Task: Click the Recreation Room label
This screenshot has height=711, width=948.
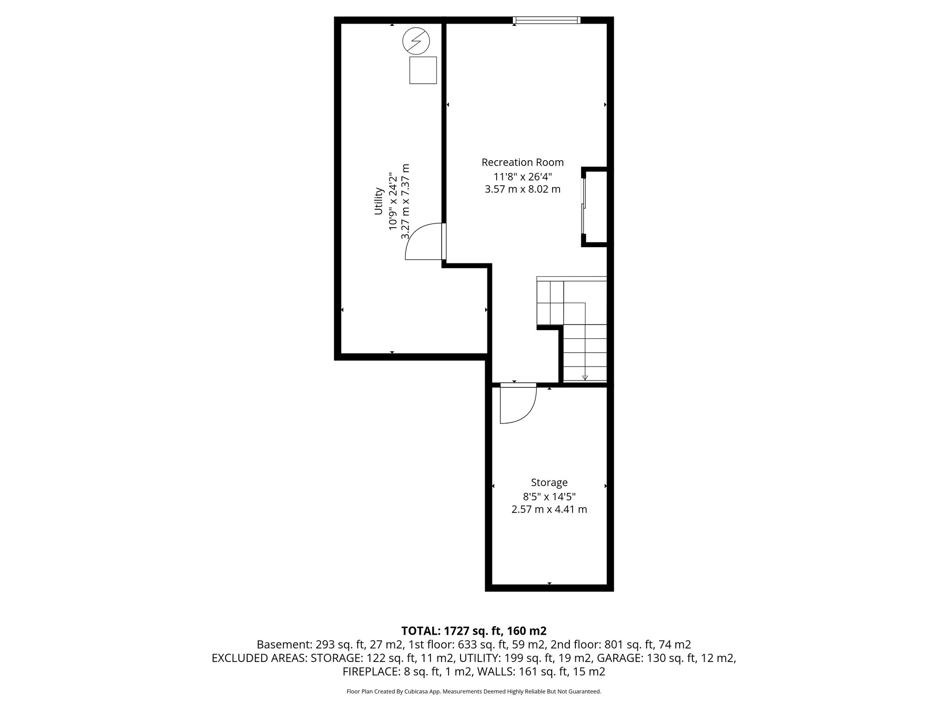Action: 523,162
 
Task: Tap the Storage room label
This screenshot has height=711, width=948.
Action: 549,483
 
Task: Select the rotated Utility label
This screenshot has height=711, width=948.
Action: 379,201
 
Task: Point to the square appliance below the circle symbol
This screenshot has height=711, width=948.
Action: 423,70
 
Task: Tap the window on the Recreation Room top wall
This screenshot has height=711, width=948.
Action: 546,20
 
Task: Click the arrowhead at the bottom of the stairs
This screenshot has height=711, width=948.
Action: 585,377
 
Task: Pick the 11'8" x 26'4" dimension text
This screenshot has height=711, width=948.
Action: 523,176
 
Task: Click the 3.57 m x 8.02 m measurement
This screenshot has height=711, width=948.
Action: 523,189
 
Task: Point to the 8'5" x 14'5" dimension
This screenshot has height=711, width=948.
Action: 549,497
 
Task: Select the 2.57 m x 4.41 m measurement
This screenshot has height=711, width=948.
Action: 549,510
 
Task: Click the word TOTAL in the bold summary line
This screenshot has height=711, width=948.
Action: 420,631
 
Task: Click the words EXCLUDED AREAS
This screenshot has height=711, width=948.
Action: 259,658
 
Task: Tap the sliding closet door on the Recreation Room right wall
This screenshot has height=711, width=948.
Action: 584,206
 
